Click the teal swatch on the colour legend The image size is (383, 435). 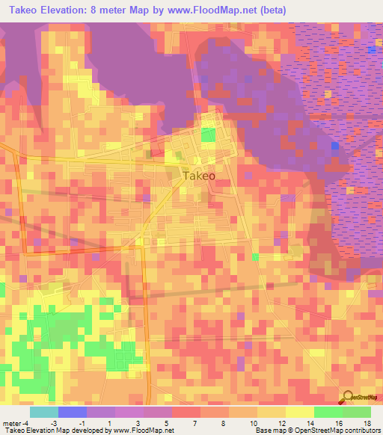(44, 412)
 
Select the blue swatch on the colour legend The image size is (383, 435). (73, 412)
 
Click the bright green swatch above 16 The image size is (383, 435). (328, 412)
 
